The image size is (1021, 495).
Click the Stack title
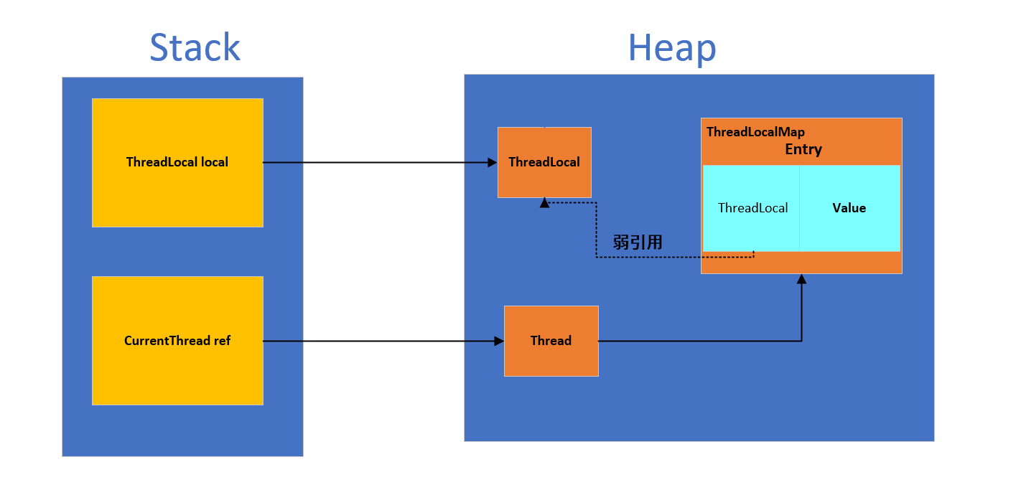pos(195,47)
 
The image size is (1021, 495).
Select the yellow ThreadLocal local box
pos(178,163)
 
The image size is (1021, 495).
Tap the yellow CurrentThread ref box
pos(178,341)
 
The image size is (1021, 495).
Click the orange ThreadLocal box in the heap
pos(545,163)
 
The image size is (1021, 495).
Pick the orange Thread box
pos(551,341)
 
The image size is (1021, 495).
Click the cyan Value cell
pos(849,208)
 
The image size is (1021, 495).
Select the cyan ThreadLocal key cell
pos(751,208)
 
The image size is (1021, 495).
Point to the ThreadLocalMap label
pos(756,132)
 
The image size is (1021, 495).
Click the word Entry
pos(803,149)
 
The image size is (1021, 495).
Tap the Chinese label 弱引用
pos(638,242)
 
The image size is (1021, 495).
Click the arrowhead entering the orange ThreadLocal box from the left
pos(493,163)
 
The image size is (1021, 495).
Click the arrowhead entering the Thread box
pos(499,341)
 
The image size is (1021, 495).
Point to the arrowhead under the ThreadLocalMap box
pos(802,279)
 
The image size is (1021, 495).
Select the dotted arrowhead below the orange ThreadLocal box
pos(545,203)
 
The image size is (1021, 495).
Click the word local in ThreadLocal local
pos(215,162)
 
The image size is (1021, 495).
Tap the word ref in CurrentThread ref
pos(223,341)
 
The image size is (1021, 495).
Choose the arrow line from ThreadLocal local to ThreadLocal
pos(380,163)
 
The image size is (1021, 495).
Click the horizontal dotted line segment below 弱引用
pos(675,258)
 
